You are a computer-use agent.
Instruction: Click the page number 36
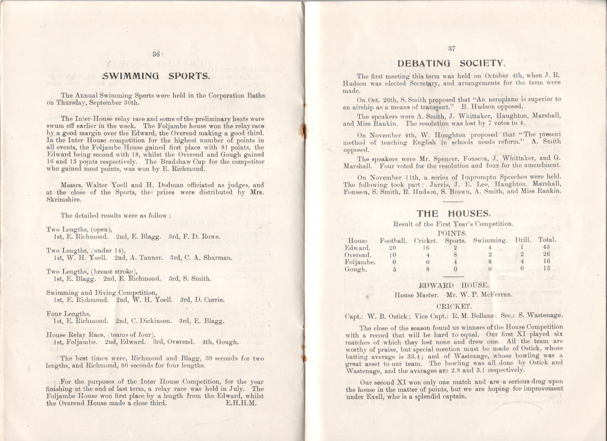coord(156,54)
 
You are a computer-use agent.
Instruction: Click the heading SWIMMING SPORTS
coord(156,76)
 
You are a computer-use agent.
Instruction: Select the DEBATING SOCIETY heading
coord(452,63)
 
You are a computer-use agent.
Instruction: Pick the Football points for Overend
coord(393,255)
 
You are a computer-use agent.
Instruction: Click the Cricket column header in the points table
coord(426,241)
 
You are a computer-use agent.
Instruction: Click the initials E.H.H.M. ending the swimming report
coord(241,403)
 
